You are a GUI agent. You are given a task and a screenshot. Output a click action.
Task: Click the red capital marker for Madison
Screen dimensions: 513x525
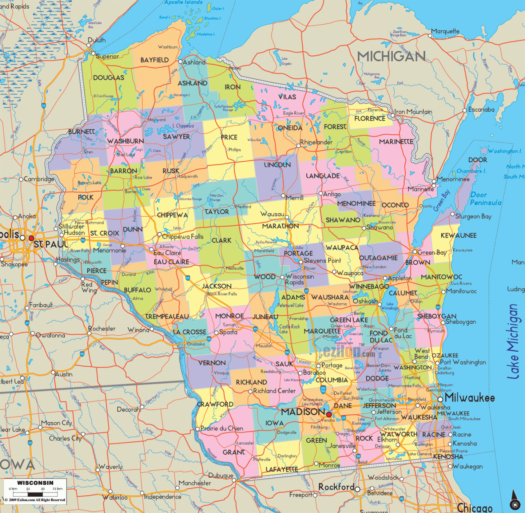[x=329, y=415]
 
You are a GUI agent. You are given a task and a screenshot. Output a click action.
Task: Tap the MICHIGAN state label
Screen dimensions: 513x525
[x=391, y=56]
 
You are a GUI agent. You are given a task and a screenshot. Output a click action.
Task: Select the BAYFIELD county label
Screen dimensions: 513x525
[x=154, y=60]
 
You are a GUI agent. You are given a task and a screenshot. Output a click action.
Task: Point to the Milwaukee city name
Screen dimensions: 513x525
[x=470, y=398]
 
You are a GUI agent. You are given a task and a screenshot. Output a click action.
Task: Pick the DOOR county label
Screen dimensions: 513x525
[x=478, y=160]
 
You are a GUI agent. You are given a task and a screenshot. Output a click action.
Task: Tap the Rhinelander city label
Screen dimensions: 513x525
[x=316, y=142]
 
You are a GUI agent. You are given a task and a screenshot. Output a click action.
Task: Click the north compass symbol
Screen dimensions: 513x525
[x=514, y=501]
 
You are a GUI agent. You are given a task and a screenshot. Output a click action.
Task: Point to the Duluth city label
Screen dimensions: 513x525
[x=96, y=40]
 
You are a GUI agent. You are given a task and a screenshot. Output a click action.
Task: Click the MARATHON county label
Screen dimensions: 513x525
[x=281, y=226]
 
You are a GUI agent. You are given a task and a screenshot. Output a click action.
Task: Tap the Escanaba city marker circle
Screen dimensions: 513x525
[x=465, y=110]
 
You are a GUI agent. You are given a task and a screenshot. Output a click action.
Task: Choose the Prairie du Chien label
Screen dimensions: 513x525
[x=222, y=428]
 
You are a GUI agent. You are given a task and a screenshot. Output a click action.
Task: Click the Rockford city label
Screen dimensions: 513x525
[x=336, y=487]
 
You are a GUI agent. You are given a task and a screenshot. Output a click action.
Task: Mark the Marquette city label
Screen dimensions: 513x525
[x=445, y=31]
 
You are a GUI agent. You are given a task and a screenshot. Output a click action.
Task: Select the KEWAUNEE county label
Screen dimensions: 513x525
[x=459, y=236]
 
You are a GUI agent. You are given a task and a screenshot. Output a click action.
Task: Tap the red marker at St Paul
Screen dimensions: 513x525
[x=31, y=238]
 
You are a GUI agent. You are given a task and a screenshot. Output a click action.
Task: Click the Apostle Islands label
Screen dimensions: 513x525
[x=183, y=2]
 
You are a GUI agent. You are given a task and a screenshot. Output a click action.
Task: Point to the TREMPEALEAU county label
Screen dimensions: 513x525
[x=167, y=316]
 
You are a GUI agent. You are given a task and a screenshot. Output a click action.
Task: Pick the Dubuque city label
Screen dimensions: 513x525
[x=221, y=476]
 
